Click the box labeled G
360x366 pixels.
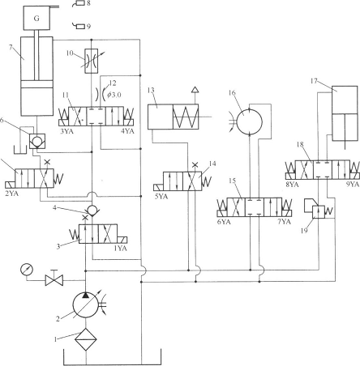click(36, 18)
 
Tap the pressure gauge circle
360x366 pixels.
click(27, 270)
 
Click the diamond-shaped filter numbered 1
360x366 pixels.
click(86, 339)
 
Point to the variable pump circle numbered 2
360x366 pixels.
click(85, 304)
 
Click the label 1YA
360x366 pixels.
click(120, 249)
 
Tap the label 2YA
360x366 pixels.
click(12, 194)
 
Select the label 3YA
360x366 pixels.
click(66, 131)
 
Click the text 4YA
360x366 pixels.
click(127, 131)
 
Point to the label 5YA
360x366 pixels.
click(161, 196)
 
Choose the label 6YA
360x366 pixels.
click(224, 222)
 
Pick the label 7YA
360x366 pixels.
click(284, 222)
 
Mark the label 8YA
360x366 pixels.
click(292, 185)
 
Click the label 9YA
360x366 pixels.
click(353, 185)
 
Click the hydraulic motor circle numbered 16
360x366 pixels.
click(250, 121)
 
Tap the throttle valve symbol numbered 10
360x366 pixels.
click(92, 61)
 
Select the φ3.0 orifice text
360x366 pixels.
click(114, 95)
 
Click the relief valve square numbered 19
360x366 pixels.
click(319, 212)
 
